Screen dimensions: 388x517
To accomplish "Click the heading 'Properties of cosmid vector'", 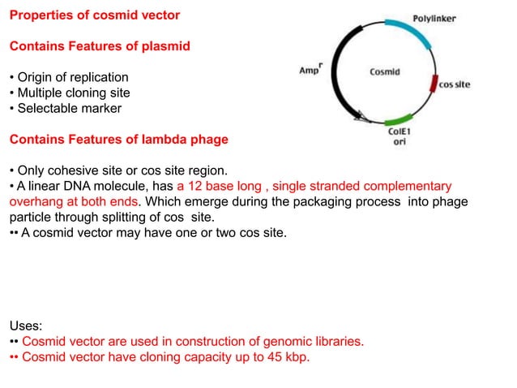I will point(95,15).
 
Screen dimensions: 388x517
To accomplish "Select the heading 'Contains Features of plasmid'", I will point(100,46).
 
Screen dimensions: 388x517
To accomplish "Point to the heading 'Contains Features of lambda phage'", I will point(118,140).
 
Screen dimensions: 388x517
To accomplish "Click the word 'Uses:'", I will point(26,325).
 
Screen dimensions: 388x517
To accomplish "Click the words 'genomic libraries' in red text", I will point(310,341).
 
